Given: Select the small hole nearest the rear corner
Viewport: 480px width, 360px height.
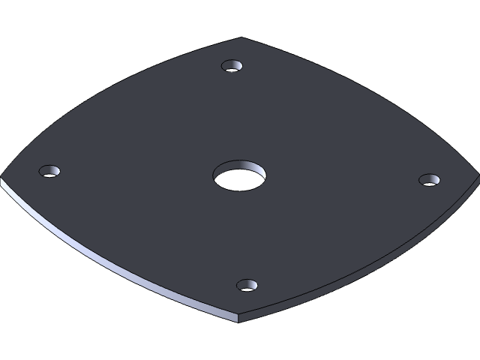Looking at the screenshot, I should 233,66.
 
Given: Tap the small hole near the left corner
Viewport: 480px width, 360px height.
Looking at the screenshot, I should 49,172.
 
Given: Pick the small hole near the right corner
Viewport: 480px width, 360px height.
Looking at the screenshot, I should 430,180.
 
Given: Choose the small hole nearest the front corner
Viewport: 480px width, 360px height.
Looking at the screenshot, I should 247,286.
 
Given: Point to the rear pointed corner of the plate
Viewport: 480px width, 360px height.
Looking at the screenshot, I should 241,37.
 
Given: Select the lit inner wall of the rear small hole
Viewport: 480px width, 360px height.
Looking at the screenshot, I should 233,62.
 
